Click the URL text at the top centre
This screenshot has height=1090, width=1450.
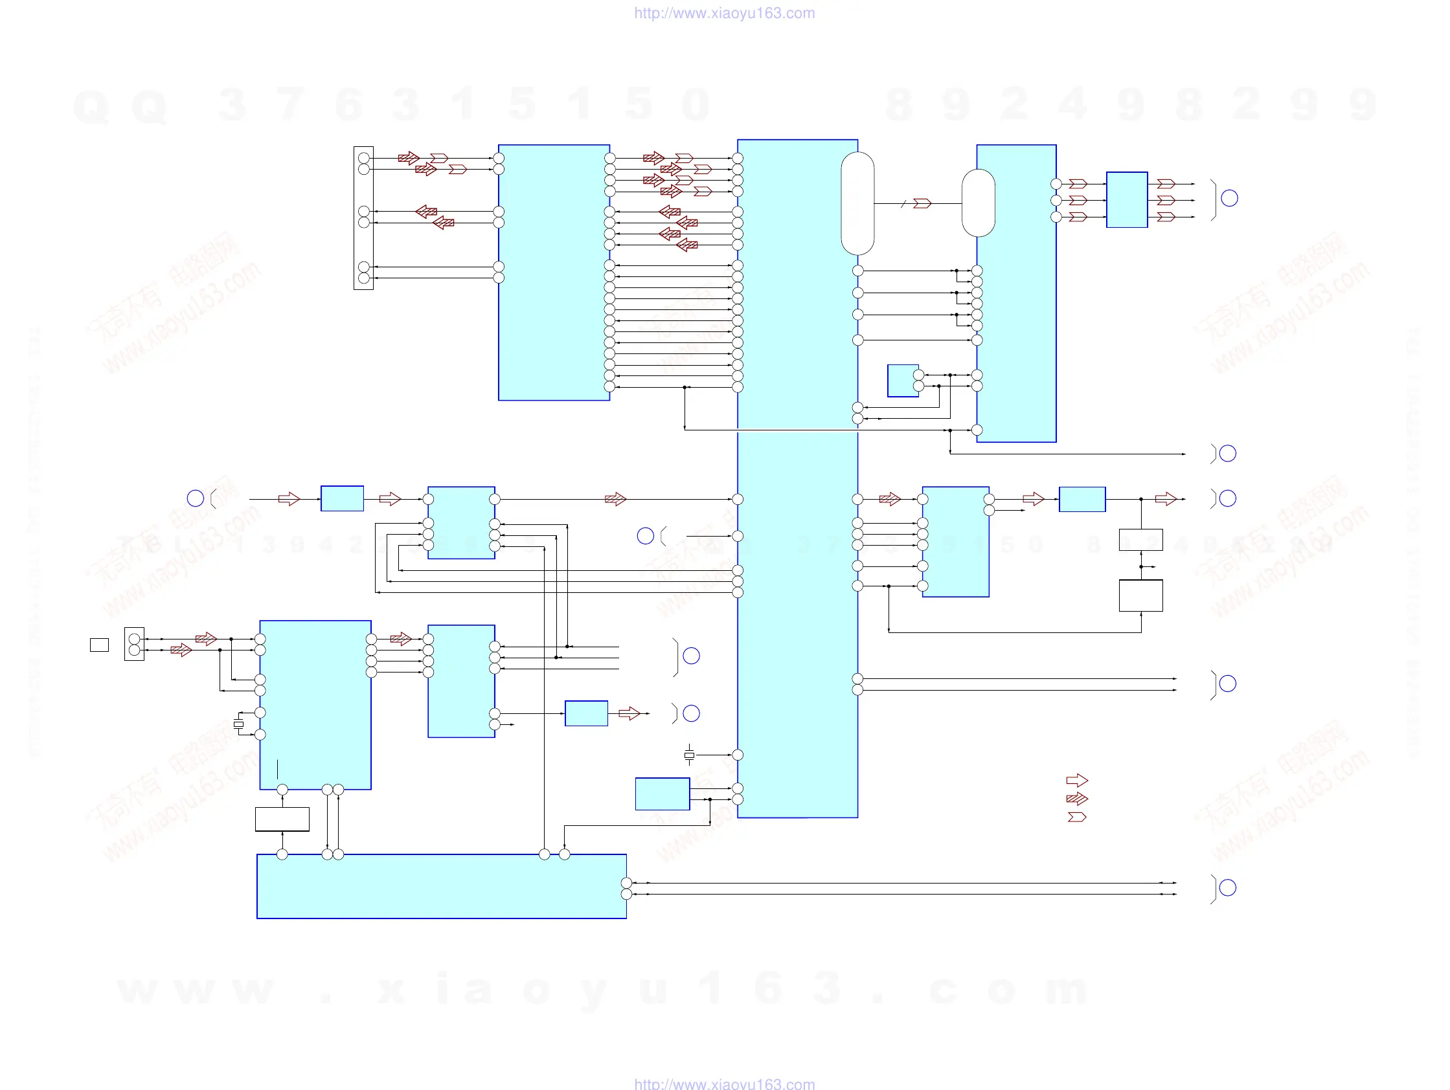point(724,13)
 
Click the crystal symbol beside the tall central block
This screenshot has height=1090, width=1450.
point(689,755)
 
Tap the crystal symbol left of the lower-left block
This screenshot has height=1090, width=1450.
point(238,724)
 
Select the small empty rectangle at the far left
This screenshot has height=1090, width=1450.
point(99,645)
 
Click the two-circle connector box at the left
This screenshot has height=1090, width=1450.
point(135,644)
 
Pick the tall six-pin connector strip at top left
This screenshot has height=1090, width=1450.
point(363,218)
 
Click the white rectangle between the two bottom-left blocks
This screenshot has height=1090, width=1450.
point(282,819)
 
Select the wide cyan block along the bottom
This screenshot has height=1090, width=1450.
point(441,886)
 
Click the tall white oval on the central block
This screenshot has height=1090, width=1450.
point(857,203)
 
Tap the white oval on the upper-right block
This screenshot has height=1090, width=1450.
point(978,203)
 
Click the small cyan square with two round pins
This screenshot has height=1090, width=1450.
point(903,381)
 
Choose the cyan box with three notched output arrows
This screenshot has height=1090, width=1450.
point(1127,200)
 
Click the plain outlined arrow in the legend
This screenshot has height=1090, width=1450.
point(1077,780)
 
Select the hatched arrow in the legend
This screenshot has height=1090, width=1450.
point(1077,799)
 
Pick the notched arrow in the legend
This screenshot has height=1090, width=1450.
point(1077,817)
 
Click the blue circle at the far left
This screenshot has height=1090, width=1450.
point(196,498)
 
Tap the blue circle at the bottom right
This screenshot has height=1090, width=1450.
point(1228,887)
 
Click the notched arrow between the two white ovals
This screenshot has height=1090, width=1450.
point(922,203)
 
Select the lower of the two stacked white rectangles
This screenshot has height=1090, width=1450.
point(1140,595)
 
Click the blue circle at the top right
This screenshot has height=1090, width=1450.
point(1230,199)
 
